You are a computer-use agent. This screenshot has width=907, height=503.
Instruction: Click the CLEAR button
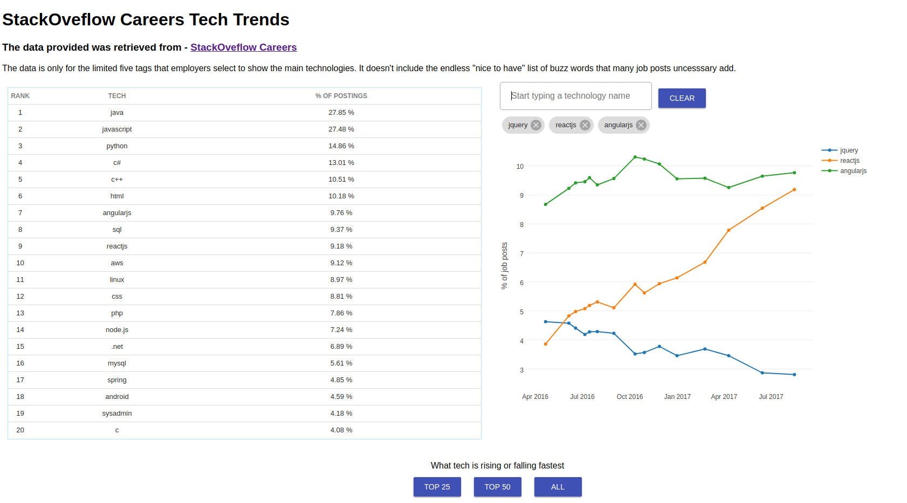(x=682, y=98)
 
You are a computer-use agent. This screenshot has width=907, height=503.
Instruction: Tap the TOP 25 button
(x=437, y=487)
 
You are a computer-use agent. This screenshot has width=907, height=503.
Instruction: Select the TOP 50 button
(x=497, y=487)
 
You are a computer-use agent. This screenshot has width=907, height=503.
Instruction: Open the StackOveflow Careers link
(x=243, y=47)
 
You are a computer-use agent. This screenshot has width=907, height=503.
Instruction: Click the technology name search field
(x=575, y=96)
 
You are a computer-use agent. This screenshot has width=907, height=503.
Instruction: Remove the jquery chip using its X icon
(x=535, y=125)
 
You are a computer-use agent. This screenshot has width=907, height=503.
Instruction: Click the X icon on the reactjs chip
(x=585, y=125)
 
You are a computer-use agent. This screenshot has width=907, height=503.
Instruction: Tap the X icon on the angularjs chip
(x=641, y=125)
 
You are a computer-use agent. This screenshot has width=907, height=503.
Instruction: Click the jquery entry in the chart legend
(x=848, y=150)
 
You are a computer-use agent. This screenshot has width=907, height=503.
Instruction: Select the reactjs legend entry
(x=849, y=161)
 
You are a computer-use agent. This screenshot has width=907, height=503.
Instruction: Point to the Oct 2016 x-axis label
(x=629, y=397)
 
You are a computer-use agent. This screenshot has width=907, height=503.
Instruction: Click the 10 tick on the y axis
(x=520, y=167)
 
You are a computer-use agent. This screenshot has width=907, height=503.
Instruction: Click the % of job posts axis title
(x=505, y=266)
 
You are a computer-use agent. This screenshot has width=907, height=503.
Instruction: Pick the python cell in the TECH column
(x=117, y=146)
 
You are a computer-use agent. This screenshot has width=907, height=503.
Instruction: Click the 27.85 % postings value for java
(x=341, y=113)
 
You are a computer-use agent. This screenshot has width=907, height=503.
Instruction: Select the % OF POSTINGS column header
(x=341, y=96)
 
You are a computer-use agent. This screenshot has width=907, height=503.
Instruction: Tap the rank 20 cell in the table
(x=20, y=430)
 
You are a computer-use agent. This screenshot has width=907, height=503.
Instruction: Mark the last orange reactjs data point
(x=794, y=190)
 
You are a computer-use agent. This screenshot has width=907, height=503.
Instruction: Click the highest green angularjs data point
(x=635, y=157)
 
